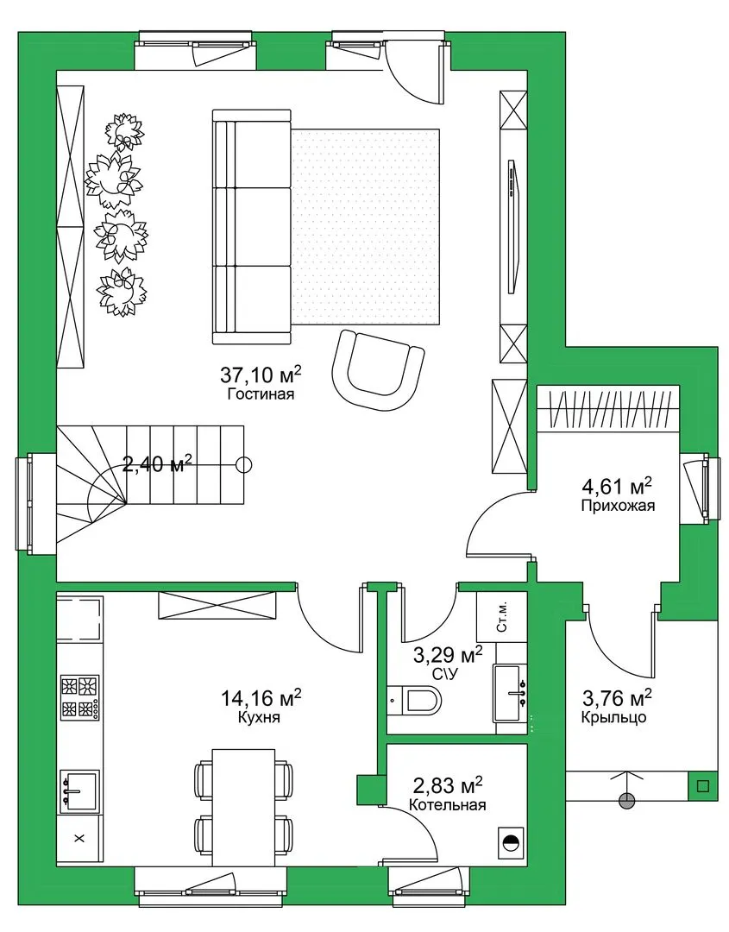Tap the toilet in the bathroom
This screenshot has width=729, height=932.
pos(415,700)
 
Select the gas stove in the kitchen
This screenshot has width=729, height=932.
pos(79,697)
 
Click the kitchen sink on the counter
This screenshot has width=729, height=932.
pos(79,790)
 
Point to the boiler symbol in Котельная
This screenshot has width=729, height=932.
pos(511,842)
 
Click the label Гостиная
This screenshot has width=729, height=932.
pos(261,394)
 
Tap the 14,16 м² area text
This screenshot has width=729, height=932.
pos(261,697)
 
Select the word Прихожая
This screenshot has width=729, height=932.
pos(618,506)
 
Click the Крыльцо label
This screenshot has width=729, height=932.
pos(613,717)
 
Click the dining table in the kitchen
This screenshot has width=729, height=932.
pos(244,807)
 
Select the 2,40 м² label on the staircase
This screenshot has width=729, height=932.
pos(157,463)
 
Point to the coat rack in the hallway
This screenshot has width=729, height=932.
pos(608,408)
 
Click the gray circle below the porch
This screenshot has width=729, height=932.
pos(626,801)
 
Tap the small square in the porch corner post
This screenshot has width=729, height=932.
pos(703,786)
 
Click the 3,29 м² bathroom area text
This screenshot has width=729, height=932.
pos(448,656)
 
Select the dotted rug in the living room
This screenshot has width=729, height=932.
pos(366,227)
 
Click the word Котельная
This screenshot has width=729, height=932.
pos(448,805)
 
